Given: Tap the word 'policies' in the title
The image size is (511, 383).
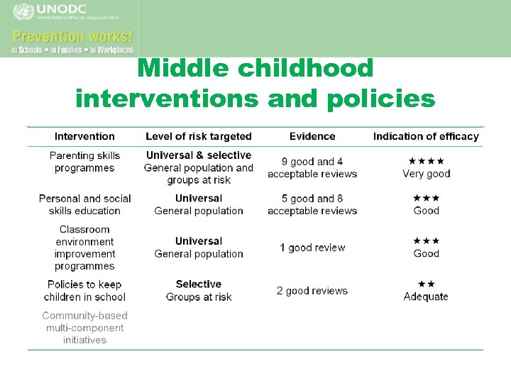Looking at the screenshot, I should [x=382, y=99].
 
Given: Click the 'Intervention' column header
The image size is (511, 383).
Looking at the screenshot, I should [x=84, y=136].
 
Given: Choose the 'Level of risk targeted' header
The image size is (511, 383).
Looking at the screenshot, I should [x=199, y=136].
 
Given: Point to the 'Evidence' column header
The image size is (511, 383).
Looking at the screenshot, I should [x=312, y=136].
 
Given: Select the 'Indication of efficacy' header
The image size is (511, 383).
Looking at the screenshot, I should [x=426, y=136].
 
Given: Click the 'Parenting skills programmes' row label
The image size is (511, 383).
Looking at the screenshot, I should [x=84, y=162].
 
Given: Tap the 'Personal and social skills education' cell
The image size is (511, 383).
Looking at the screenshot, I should [x=84, y=204].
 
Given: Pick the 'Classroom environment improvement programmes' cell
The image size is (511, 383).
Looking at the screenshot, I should [x=84, y=248].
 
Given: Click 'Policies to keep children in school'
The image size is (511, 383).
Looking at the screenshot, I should [x=84, y=291].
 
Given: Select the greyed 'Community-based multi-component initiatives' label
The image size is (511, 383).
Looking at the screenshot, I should [x=84, y=328].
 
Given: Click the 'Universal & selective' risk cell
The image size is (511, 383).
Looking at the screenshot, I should [x=199, y=155].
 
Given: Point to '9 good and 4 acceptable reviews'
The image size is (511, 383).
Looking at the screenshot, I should [x=312, y=167].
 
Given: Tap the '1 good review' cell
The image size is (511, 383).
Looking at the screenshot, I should [x=312, y=248].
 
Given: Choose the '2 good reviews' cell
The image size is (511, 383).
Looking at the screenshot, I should [x=312, y=291].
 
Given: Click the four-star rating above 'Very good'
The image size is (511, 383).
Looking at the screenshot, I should [x=427, y=161].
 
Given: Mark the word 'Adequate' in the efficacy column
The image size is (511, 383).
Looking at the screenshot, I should [x=426, y=296].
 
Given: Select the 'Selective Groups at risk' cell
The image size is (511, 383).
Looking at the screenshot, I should [x=199, y=291].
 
